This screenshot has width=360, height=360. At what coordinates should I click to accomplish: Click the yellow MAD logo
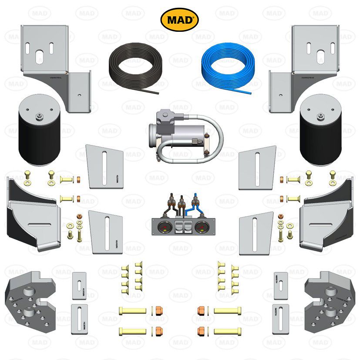click(x=180, y=20)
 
